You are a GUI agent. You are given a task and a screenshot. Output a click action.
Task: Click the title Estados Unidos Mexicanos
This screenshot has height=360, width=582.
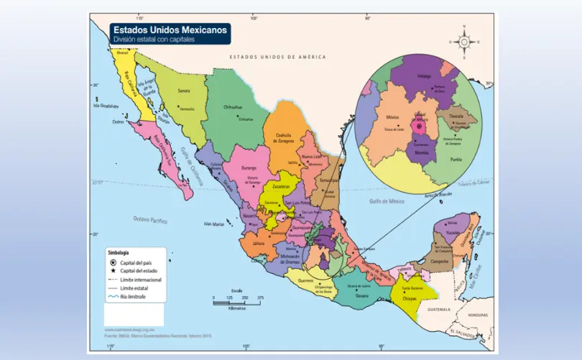[170, 29]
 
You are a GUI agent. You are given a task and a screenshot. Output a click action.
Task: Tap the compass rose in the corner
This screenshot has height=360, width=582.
[464, 41]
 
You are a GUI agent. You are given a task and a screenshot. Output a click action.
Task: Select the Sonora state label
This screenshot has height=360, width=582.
[184, 91]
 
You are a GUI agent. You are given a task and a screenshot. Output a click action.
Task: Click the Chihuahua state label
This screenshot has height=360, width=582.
[233, 107]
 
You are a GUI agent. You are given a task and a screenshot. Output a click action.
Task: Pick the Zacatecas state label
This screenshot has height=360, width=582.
[280, 186]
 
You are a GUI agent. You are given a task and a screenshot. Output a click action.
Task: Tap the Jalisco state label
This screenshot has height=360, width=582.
[258, 244]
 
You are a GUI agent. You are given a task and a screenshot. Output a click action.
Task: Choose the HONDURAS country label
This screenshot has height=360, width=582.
[477, 315]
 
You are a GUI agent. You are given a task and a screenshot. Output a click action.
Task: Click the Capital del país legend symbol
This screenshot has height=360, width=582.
[113, 264]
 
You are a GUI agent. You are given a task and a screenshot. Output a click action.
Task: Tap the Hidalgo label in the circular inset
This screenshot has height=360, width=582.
[424, 75]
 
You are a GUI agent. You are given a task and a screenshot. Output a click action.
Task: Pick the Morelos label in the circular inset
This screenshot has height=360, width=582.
[422, 152]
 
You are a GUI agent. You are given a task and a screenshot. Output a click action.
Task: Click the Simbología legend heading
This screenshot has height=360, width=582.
[118, 254]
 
